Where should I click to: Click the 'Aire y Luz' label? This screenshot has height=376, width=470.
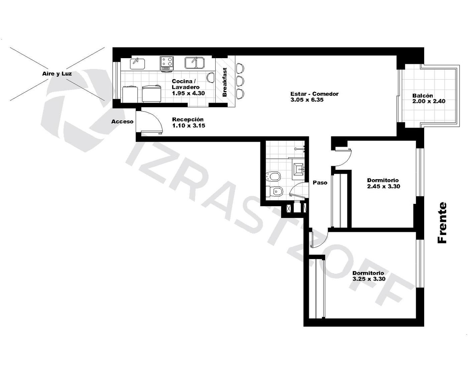point(57,74)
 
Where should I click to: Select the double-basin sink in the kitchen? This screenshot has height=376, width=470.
point(195,63)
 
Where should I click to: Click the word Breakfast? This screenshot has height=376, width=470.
point(225,82)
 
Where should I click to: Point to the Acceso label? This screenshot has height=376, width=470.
point(122,122)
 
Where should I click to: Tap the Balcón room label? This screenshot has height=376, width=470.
point(423,96)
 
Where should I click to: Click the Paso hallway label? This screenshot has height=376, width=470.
point(320,182)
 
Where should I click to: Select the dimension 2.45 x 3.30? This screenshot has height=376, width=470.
point(383,186)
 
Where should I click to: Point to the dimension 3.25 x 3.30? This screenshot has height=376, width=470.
point(369,279)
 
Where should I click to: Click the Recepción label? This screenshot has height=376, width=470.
point(188,119)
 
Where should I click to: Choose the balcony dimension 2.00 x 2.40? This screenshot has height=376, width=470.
point(429,101)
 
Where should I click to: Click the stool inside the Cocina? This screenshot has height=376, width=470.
point(211,78)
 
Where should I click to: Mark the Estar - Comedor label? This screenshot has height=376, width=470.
point(314,94)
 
